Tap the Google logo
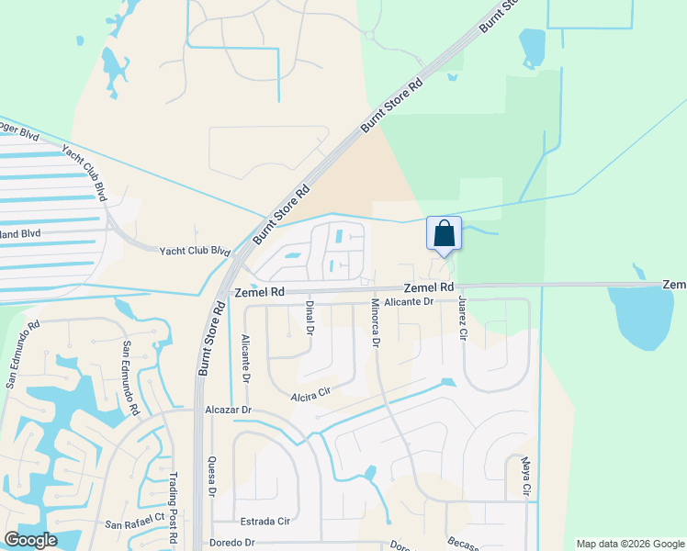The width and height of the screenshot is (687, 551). pyautogui.click(x=30, y=540)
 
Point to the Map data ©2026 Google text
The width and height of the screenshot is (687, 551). pyautogui.click(x=629, y=544)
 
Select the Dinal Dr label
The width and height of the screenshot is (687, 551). pyautogui.click(x=310, y=318)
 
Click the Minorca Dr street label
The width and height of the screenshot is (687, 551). pyautogui.click(x=375, y=322)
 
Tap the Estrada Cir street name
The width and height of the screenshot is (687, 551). pyautogui.click(x=265, y=521)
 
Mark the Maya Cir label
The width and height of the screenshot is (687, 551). pyautogui.click(x=526, y=478)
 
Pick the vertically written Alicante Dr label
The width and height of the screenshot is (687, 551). pyautogui.click(x=245, y=357)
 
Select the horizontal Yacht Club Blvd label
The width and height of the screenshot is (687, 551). pyautogui.click(x=194, y=251)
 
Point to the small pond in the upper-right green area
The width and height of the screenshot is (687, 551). pyautogui.click(x=532, y=48)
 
